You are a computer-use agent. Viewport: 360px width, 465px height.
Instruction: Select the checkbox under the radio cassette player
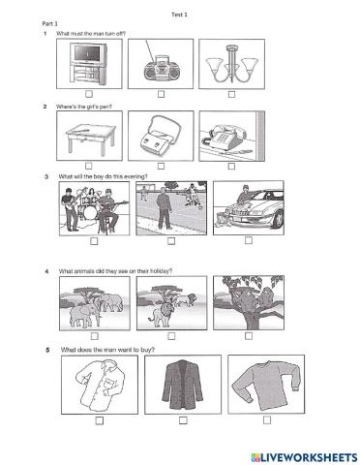coord(161,94)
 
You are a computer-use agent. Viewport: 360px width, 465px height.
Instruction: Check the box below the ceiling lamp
coord(231,94)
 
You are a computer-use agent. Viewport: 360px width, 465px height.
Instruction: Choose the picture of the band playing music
coord(93,208)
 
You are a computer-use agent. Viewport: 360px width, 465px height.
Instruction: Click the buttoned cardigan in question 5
coord(181,387)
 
